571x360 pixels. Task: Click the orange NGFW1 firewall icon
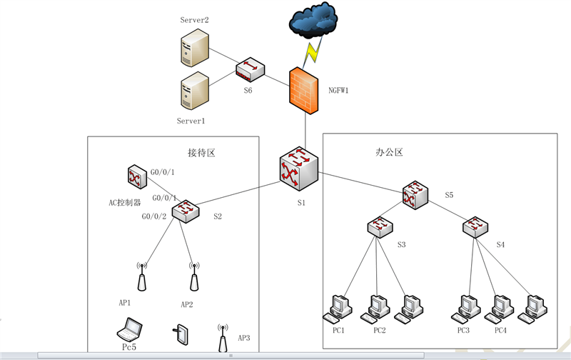point(304,91)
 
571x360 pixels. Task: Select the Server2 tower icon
point(195,48)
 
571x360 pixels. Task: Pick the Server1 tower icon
point(195,91)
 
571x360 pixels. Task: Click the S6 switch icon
point(250,69)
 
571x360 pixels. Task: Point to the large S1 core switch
point(299,169)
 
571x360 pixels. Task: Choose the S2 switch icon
point(186,211)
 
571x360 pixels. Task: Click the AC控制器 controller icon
point(137,176)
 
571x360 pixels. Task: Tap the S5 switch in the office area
point(415,195)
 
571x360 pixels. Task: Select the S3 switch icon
point(380,227)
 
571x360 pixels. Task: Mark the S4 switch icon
point(475,227)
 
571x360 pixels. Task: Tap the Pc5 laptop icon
point(130,329)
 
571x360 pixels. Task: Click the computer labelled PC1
point(338,310)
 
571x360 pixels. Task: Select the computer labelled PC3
point(466,310)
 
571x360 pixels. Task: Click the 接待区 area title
point(201,153)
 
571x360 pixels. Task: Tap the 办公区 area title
point(389,152)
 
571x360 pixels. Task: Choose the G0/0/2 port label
point(154,216)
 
